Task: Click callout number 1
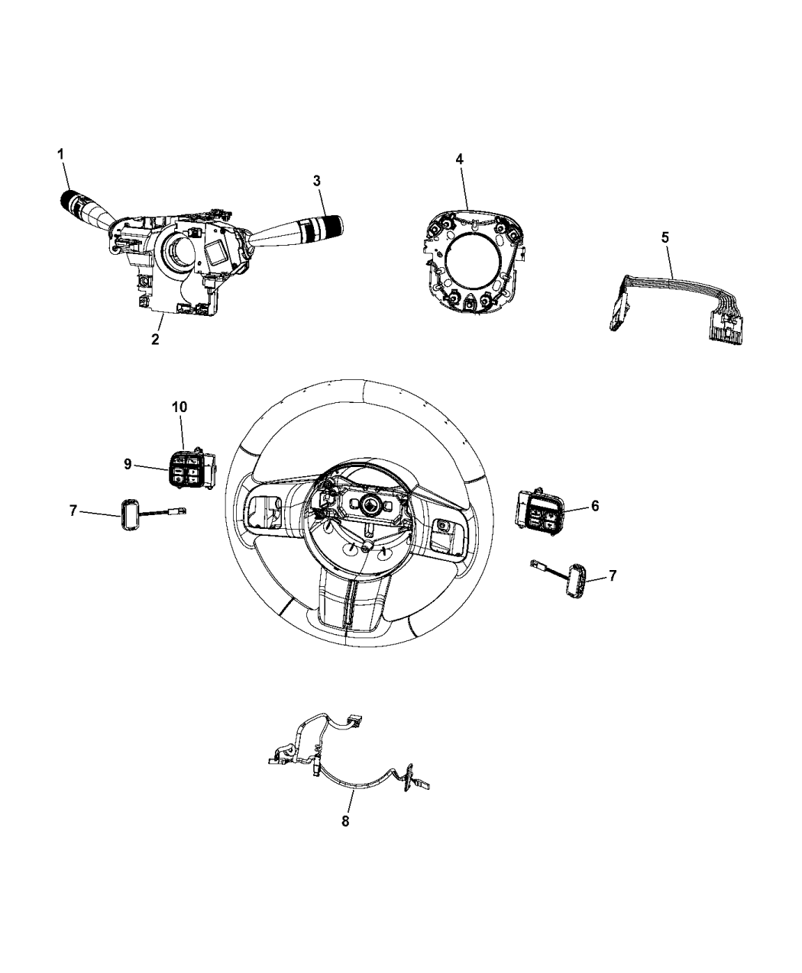[60, 154]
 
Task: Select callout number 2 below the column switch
[155, 340]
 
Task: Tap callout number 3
[317, 181]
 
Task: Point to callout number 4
[460, 159]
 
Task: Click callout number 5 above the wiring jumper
[665, 237]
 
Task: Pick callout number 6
[595, 506]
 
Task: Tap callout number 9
[128, 465]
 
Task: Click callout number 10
[179, 407]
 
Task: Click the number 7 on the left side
[73, 511]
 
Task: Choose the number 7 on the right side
[613, 575]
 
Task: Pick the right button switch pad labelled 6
[539, 512]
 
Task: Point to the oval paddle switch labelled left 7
[128, 514]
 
